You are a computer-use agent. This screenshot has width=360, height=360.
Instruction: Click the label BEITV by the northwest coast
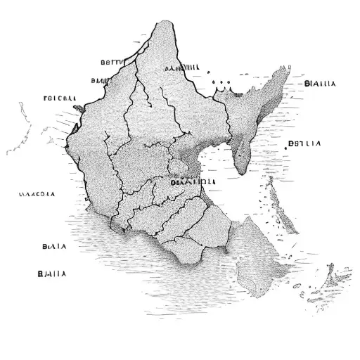coord(111,62)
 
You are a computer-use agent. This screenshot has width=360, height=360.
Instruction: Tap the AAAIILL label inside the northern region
coord(181,68)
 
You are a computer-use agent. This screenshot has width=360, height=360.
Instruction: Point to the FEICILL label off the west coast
coord(60,98)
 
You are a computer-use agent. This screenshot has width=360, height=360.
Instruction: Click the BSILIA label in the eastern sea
coord(306,144)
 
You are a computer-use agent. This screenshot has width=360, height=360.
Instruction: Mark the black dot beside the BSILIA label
coord(288,147)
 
